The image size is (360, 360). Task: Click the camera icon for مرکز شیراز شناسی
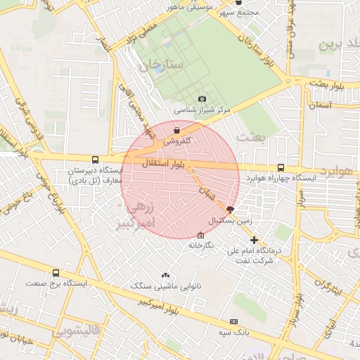click(202, 99)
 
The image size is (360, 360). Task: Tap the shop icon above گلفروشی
click(176, 130)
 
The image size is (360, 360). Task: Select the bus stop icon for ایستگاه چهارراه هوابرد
click(281, 167)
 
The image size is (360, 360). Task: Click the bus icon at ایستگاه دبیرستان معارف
click(96, 159)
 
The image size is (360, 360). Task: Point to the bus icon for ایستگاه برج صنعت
click(56, 273)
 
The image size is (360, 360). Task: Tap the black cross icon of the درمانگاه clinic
click(254, 240)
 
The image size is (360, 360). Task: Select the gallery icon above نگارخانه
click(201, 235)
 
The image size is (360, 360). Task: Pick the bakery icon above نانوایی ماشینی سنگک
click(165, 276)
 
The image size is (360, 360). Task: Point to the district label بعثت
click(252, 136)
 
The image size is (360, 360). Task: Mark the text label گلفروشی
click(178, 141)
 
